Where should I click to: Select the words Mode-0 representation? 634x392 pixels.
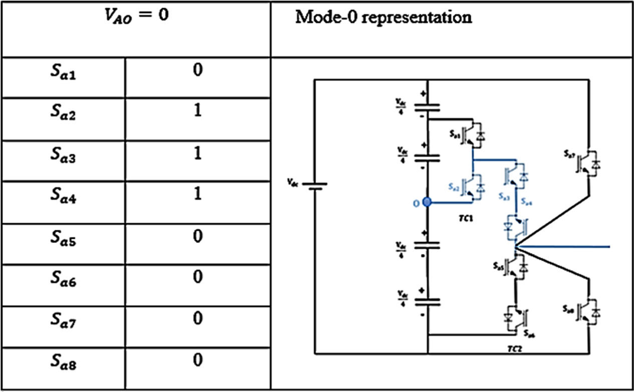click(x=384, y=18)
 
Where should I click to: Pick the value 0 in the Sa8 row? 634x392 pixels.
click(x=197, y=359)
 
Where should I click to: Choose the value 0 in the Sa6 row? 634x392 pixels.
click(x=197, y=277)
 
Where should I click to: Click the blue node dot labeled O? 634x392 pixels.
click(x=427, y=203)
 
